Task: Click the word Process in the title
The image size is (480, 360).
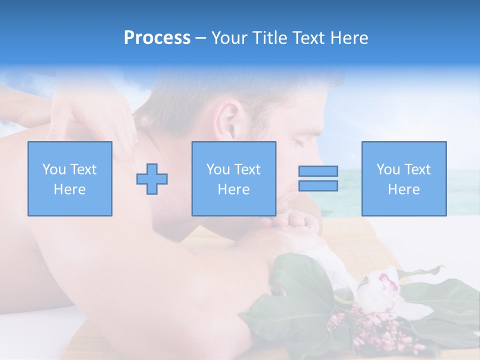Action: (157, 38)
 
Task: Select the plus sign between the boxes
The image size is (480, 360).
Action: (152, 179)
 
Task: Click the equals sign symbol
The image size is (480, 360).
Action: (318, 178)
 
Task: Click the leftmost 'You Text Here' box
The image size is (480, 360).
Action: (70, 178)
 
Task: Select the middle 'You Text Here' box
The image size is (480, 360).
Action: (233, 178)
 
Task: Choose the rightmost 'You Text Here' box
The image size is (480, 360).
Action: (404, 178)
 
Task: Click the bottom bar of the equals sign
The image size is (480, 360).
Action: (318, 185)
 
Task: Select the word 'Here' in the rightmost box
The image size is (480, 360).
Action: (404, 189)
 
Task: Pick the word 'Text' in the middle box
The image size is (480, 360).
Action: (247, 169)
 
